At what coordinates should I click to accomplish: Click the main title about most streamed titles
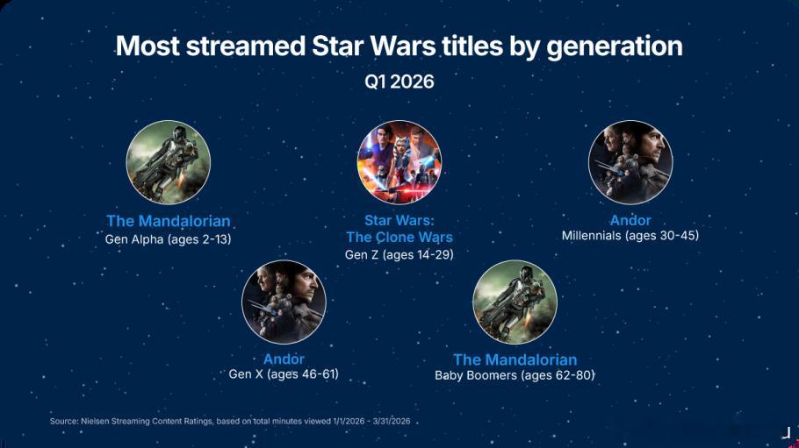[399, 46]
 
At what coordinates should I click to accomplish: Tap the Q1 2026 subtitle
[399, 82]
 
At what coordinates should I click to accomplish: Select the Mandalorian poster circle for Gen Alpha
[169, 162]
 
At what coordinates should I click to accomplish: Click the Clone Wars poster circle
[399, 162]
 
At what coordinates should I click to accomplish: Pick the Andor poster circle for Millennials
[630, 162]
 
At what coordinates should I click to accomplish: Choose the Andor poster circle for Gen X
[284, 302]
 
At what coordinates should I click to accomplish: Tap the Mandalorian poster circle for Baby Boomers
[515, 302]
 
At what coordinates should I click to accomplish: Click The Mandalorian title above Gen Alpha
[169, 221]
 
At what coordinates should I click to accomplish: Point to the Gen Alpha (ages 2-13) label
[169, 239]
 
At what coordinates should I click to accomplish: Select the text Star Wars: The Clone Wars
[399, 229]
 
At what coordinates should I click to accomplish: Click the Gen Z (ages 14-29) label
[399, 254]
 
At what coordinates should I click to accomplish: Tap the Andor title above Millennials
[630, 220]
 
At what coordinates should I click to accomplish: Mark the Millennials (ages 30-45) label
[630, 236]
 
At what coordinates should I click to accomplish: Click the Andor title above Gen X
[284, 359]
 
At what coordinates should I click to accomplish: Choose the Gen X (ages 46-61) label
[284, 374]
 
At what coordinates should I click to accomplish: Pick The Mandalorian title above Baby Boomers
[515, 360]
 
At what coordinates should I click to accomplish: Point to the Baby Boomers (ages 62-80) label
[515, 376]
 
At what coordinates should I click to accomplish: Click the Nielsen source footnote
[230, 422]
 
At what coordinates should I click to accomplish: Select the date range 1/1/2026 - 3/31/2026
[371, 422]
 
